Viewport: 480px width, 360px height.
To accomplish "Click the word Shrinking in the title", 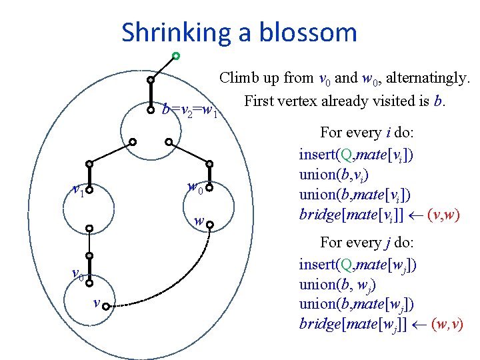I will tap(167, 32).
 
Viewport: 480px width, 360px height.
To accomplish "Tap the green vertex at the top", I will tap(175, 55).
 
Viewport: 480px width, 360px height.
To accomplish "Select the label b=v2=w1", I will tap(191, 110).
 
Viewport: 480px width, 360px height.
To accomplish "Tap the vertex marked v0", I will tap(88, 276).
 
